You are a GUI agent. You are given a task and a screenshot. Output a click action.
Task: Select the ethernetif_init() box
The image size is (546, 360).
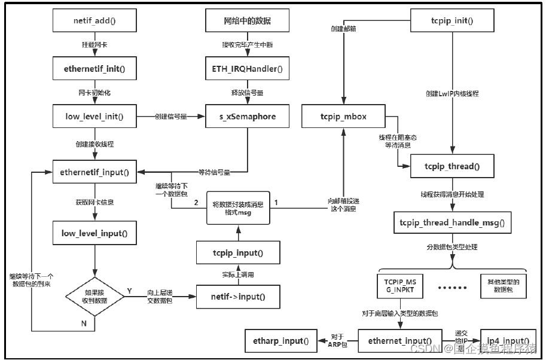tap(95, 69)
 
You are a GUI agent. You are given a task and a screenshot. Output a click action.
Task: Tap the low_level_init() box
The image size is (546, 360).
tap(95, 116)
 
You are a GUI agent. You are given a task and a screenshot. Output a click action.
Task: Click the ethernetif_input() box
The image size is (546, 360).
tap(95, 172)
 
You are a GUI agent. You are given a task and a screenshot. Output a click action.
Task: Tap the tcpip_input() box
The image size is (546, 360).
tap(239, 253)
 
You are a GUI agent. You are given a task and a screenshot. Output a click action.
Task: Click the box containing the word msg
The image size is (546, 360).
tap(237, 207)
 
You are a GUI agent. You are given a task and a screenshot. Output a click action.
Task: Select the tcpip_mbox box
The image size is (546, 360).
tap(343, 116)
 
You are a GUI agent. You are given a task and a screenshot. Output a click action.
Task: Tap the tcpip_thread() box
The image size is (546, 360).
tap(452, 166)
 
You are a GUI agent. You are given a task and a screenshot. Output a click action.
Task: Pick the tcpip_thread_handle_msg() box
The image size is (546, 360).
tap(452, 222)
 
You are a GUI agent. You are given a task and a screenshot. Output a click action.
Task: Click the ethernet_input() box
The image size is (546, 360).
tap(399, 340)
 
